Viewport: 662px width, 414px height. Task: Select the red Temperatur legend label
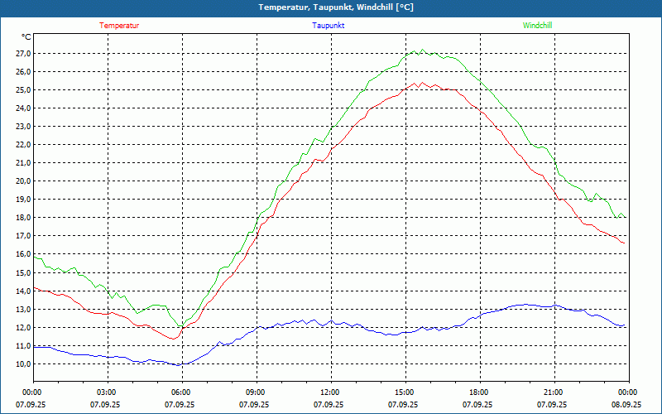[119, 26]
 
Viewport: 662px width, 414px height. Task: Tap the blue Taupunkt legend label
[329, 26]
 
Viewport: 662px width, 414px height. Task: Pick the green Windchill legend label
[537, 26]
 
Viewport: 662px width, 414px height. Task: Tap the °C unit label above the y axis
[26, 37]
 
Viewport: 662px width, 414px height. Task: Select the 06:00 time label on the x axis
[181, 392]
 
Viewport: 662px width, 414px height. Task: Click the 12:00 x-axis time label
[330, 392]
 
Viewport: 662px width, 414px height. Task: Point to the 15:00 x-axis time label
[405, 392]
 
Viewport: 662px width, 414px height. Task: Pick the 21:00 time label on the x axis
[554, 392]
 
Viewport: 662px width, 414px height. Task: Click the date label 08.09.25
[627, 405]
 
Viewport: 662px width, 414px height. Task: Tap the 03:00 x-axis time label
[107, 392]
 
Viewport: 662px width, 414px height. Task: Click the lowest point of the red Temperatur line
[174, 339]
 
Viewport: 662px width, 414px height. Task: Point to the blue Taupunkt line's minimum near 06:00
[180, 365]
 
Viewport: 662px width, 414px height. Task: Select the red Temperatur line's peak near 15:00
[417, 83]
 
